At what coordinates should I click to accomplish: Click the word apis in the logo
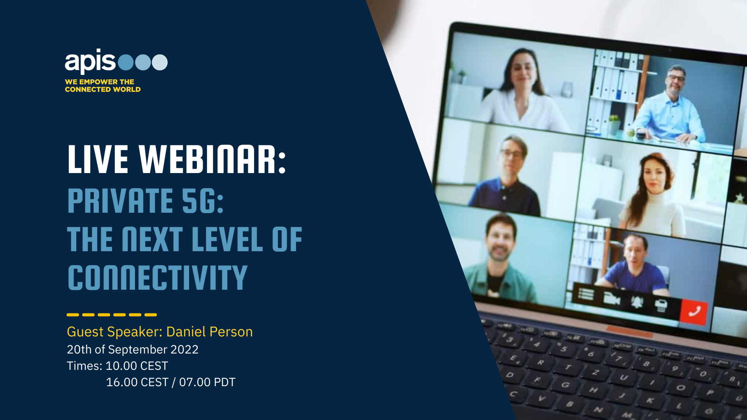click(x=90, y=61)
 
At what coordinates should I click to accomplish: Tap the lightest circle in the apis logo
click(x=160, y=62)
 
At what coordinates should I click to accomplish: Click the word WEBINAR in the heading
click(x=212, y=159)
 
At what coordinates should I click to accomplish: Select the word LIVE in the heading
click(x=98, y=159)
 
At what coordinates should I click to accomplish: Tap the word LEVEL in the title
click(x=227, y=239)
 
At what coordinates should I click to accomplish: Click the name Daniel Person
click(x=209, y=332)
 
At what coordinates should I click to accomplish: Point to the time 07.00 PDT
click(x=207, y=382)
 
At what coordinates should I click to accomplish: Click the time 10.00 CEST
click(x=137, y=366)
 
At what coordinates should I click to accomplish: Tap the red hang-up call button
click(x=694, y=311)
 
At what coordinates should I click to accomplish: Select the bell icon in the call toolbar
click(x=637, y=302)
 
